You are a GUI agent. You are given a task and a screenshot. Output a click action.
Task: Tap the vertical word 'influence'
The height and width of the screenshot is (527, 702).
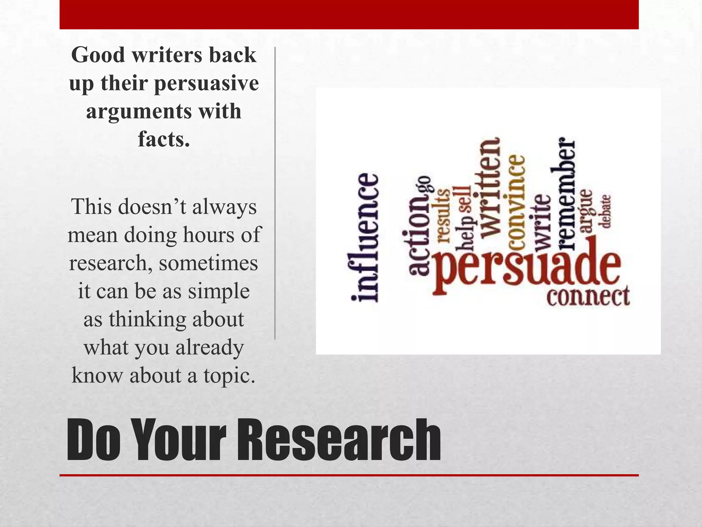tap(365, 237)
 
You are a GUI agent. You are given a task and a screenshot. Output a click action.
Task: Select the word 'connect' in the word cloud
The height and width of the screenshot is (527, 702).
tap(588, 296)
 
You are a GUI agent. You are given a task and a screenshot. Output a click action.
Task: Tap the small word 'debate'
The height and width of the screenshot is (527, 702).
tap(606, 211)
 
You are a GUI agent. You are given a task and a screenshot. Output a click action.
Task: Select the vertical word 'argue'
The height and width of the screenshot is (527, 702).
tap(586, 211)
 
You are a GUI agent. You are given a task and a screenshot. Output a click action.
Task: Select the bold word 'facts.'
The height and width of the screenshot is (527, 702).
tap(164, 139)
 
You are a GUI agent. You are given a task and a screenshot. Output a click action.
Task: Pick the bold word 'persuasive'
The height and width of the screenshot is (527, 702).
tap(206, 83)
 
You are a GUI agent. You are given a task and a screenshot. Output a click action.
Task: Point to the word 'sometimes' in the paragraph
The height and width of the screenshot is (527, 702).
tap(208, 263)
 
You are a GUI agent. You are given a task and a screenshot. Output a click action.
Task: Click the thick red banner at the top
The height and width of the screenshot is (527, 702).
tap(349, 14)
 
